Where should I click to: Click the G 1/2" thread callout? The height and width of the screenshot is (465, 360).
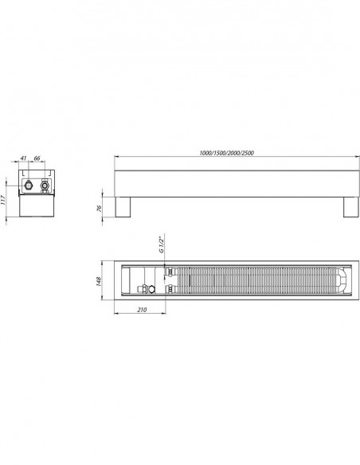coord(161,244)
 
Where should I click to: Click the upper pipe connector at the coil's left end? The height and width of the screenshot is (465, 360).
coord(170,272)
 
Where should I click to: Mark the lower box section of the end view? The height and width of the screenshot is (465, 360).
coord(36,206)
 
